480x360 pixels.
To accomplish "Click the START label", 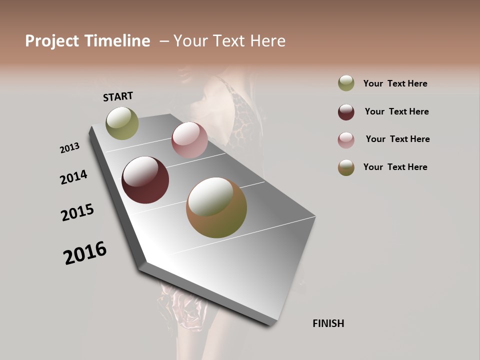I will pyautogui.click(x=118, y=96).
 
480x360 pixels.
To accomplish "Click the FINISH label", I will pyautogui.click(x=328, y=323).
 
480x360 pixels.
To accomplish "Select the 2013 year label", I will pyautogui.click(x=69, y=148).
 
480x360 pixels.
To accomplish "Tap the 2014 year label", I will pyautogui.click(x=73, y=177).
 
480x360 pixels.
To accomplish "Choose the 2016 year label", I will pyautogui.click(x=85, y=253).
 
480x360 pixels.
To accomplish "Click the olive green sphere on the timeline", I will pyautogui.click(x=122, y=123).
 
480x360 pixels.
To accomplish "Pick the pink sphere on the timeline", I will pyautogui.click(x=189, y=140).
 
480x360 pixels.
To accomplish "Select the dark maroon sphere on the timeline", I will pyautogui.click(x=145, y=180).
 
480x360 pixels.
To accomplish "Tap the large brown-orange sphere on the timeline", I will pyautogui.click(x=216, y=207).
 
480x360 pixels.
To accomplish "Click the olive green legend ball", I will pyautogui.click(x=346, y=83).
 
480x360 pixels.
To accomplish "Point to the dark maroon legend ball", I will pyautogui.click(x=346, y=112).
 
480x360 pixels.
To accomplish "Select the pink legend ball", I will pyautogui.click(x=346, y=140).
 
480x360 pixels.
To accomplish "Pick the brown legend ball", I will pyautogui.click(x=346, y=167).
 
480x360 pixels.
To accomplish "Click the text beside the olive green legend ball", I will pyautogui.click(x=395, y=83).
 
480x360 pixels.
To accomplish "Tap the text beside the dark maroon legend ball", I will pyautogui.click(x=396, y=111).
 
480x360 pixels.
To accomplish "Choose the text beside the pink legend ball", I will pyautogui.click(x=397, y=139).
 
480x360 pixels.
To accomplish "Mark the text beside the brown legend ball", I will pyautogui.click(x=395, y=167).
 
